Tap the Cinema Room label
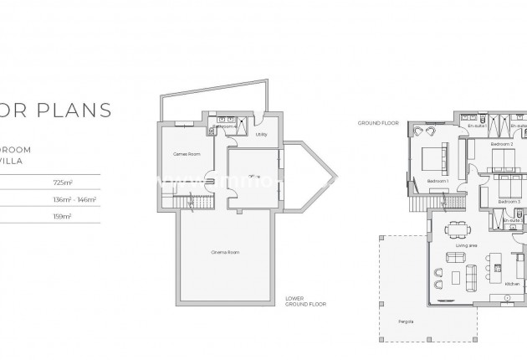tap(225, 252)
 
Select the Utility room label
tap(261, 134)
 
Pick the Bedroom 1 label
tap(437, 181)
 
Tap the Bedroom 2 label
tap(501, 145)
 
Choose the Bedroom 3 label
tap(509, 202)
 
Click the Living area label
tap(466, 244)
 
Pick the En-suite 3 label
tap(510, 220)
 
